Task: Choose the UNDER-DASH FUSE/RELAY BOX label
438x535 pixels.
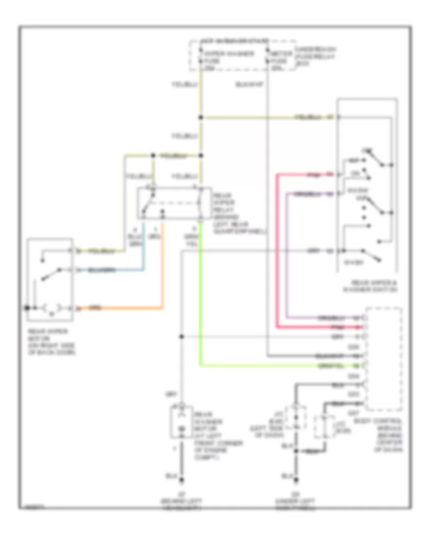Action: point(317,56)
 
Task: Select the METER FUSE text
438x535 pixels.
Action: point(278,57)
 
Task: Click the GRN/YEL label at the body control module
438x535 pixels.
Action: point(325,365)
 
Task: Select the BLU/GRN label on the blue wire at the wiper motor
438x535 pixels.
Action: point(103,269)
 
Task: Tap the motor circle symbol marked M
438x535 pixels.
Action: point(51,308)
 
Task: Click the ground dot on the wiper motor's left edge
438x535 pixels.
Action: point(27,308)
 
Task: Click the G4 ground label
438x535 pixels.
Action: point(296,493)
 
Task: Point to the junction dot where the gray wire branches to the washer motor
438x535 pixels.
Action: point(182,337)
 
